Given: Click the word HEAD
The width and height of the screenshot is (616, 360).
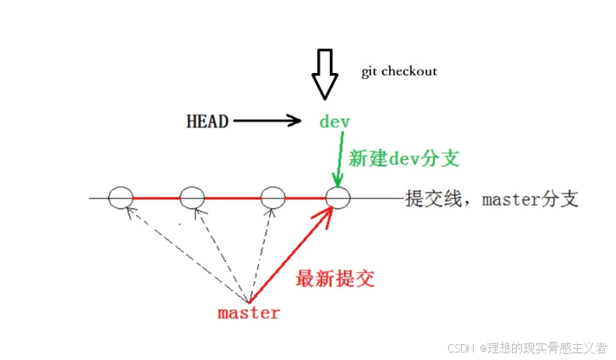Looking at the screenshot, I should pyautogui.click(x=207, y=121).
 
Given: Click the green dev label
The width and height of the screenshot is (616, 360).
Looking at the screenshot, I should pyautogui.click(x=335, y=121).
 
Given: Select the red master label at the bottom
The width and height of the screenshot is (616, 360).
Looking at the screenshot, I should pyautogui.click(x=249, y=313).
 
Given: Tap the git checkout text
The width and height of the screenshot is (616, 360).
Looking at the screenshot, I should pyautogui.click(x=399, y=72).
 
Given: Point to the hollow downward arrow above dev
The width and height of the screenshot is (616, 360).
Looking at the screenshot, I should pyautogui.click(x=325, y=74).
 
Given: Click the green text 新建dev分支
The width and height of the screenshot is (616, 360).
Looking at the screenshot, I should pyautogui.click(x=404, y=158).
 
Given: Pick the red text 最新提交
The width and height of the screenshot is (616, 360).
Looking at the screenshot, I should pyautogui.click(x=335, y=279).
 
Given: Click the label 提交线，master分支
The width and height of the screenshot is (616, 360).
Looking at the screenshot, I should pyautogui.click(x=492, y=199).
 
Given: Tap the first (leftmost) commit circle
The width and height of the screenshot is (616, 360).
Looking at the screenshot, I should pyautogui.click(x=120, y=198).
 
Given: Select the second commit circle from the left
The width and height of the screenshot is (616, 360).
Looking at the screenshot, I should pyautogui.click(x=192, y=198).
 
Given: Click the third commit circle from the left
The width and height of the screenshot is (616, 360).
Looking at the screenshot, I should pyautogui.click(x=272, y=198).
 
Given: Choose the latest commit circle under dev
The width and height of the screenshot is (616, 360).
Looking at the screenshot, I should pyautogui.click(x=337, y=198).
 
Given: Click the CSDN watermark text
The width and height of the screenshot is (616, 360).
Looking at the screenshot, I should pyautogui.click(x=527, y=348).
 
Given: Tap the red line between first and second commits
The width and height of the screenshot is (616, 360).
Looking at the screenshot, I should pyautogui.click(x=156, y=198).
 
